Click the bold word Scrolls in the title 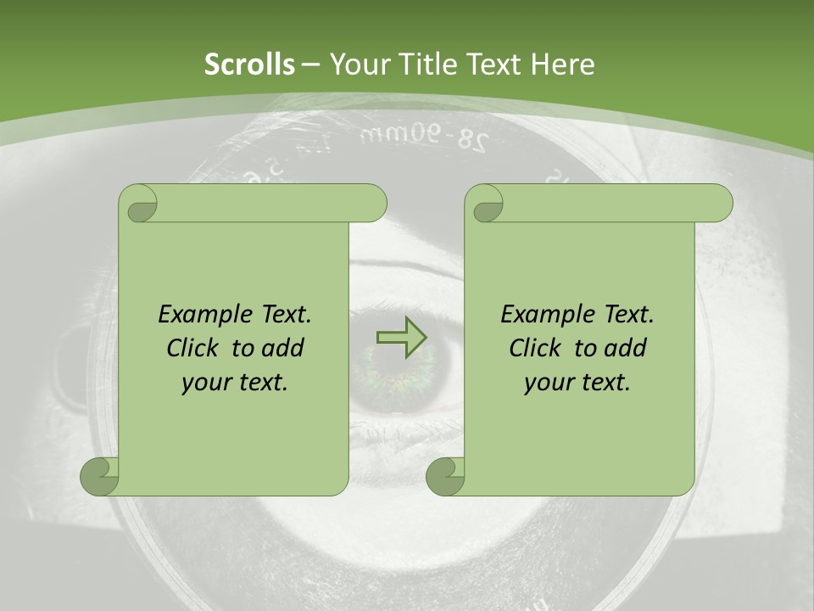tap(249, 64)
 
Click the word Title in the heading tap(421, 64)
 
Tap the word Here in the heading tap(562, 64)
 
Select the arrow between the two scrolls tap(401, 337)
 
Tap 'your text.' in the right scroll tap(577, 383)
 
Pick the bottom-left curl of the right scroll tap(445, 476)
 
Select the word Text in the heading tap(492, 64)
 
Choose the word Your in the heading tap(357, 64)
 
